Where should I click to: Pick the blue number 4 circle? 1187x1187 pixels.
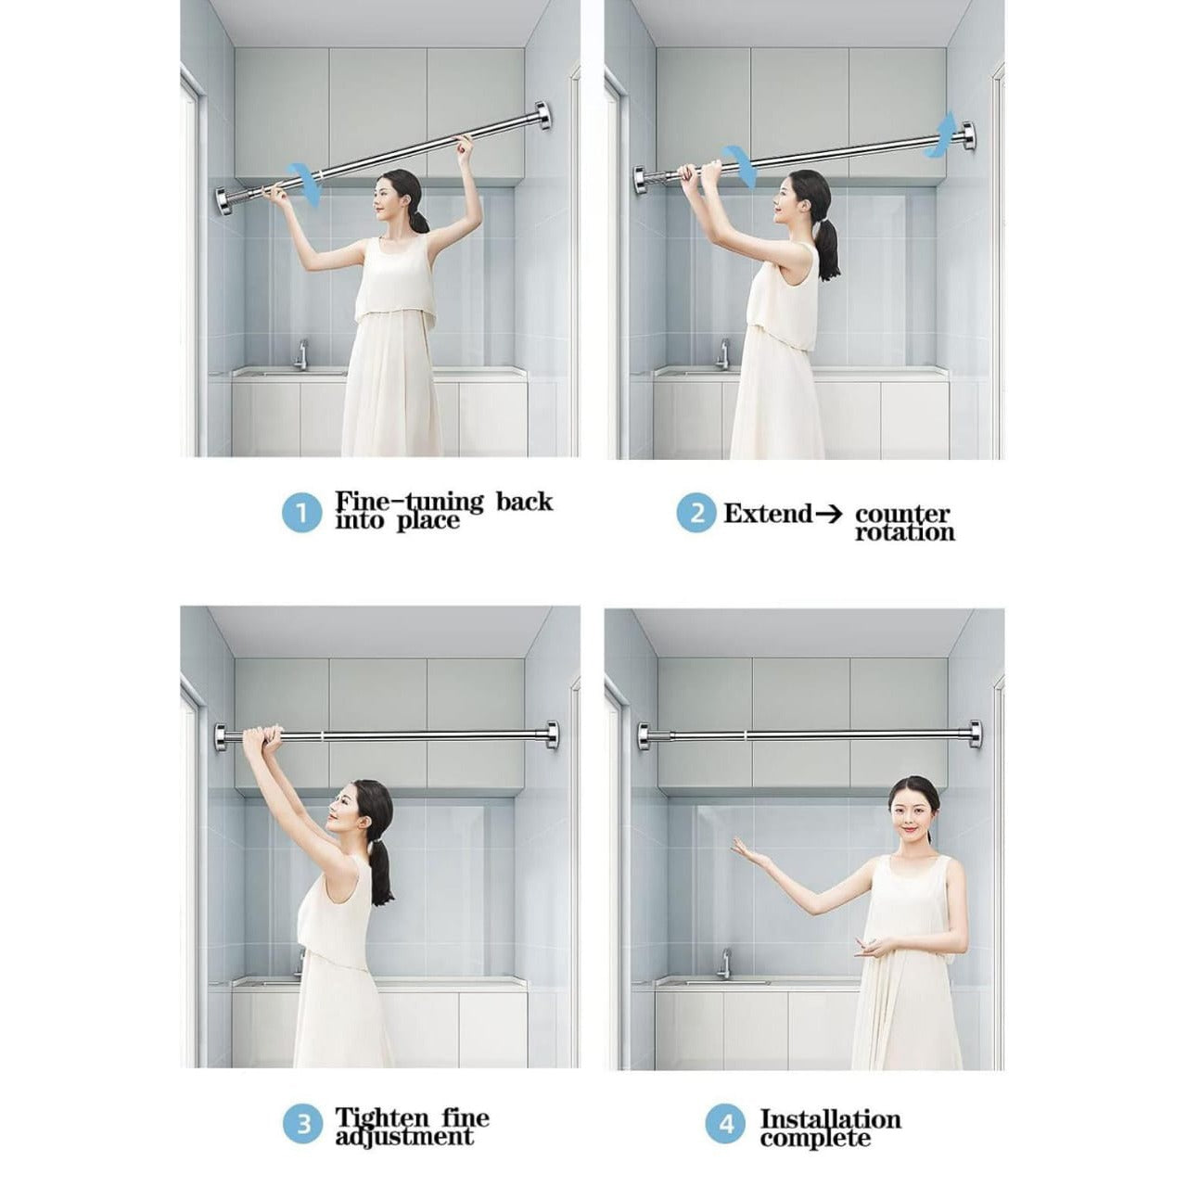tap(726, 1126)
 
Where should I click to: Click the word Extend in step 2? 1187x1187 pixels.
tap(767, 513)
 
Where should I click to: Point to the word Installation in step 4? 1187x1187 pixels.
tap(830, 1118)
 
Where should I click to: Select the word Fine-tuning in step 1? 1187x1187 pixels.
tap(409, 502)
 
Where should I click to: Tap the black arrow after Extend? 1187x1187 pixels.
tap(828, 514)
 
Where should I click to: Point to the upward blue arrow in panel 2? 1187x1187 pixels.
tap(945, 130)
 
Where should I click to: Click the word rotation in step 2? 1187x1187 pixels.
tap(904, 533)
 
